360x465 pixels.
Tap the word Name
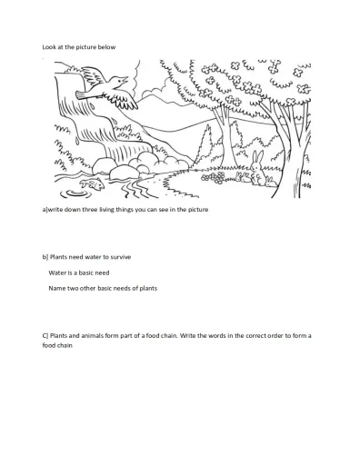point(57,288)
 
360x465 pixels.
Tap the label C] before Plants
point(45,335)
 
